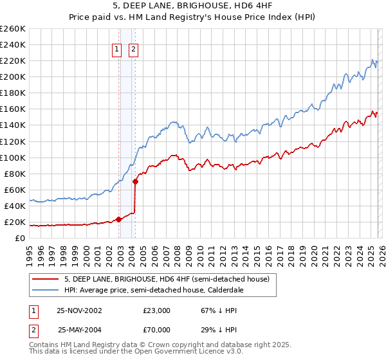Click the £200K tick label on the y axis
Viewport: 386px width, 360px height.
(x=13, y=76)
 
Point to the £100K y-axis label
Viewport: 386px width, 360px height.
(x=13, y=157)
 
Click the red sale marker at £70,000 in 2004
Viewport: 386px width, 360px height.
(x=136, y=182)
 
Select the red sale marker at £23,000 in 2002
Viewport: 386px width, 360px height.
(x=119, y=219)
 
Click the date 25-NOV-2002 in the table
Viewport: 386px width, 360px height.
(x=79, y=310)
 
